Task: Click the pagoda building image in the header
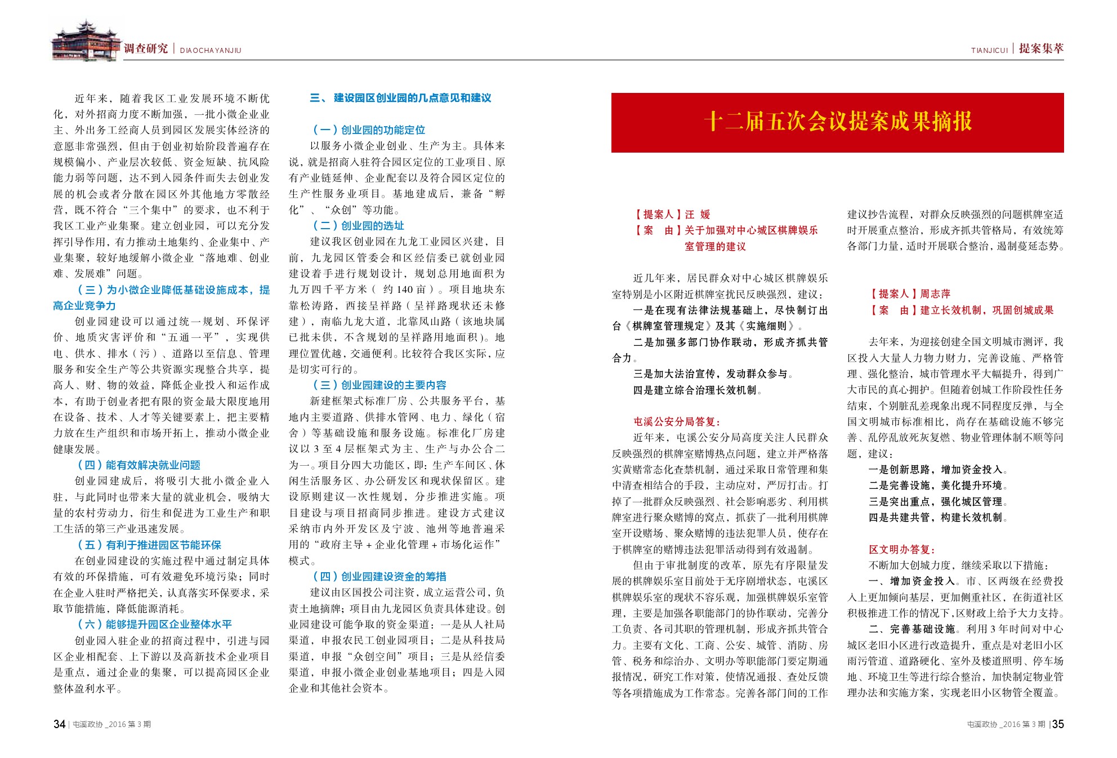pyautogui.click(x=86, y=41)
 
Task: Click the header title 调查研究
pyautogui.click(x=146, y=49)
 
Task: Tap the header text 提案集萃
pyautogui.click(x=1041, y=49)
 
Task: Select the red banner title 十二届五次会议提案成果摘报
pyautogui.click(x=837, y=122)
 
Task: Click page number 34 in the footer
pyautogui.click(x=59, y=724)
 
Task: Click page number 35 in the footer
pyautogui.click(x=1058, y=724)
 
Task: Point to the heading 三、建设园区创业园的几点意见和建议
pyautogui.click(x=400, y=98)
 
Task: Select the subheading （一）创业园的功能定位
pyautogui.click(x=369, y=130)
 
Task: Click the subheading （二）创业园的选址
pyautogui.click(x=359, y=226)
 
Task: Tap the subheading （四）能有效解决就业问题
pyautogui.click(x=139, y=465)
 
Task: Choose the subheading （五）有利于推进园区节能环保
pyautogui.click(x=149, y=545)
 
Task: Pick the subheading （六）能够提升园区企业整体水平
pyautogui.click(x=155, y=625)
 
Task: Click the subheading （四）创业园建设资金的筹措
pyautogui.click(x=379, y=577)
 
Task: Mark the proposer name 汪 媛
pyautogui.click(x=698, y=215)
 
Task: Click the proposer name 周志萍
pyautogui.click(x=935, y=294)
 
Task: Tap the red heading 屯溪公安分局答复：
pyautogui.click(x=677, y=422)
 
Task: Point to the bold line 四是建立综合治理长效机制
pyautogui.click(x=698, y=390)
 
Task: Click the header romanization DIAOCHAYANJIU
pyautogui.click(x=211, y=51)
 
